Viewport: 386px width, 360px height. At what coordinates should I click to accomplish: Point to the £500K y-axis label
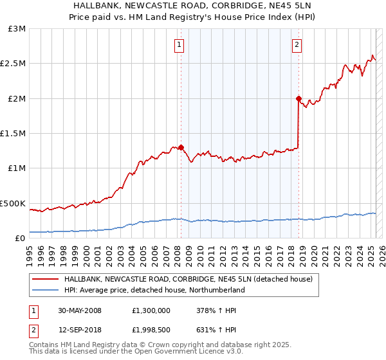[x=14, y=203]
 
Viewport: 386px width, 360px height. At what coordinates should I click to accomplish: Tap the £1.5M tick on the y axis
[x=14, y=134]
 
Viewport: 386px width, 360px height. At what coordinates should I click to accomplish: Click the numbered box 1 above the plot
[x=178, y=45]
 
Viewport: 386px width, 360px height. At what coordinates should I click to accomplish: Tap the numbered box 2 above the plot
[x=297, y=45]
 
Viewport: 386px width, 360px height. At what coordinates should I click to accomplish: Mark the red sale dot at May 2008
[x=181, y=147]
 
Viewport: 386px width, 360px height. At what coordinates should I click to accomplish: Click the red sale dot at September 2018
[x=299, y=98]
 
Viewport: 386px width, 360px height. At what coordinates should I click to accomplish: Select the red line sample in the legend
[x=44, y=280]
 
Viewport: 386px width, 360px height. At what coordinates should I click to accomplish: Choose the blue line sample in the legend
[x=44, y=290]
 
